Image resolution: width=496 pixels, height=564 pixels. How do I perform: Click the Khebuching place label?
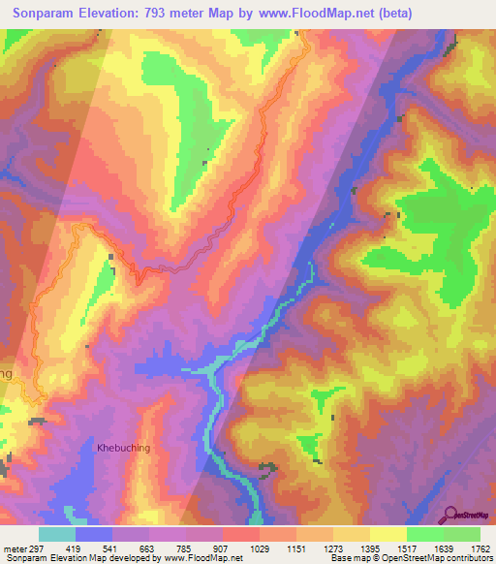click(123, 448)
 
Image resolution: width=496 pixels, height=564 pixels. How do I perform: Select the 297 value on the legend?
click(38, 548)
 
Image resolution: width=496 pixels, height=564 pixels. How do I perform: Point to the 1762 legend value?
click(481, 548)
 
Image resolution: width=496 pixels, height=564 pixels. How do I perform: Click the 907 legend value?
click(223, 548)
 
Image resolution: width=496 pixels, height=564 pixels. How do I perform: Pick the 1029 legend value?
click(260, 548)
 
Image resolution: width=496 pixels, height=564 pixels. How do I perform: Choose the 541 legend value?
click(112, 548)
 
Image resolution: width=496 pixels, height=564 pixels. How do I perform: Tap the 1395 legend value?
click(370, 548)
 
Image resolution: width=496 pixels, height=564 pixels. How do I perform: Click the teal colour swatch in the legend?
click(57, 534)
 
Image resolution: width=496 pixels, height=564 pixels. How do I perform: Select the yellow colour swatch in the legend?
click(388, 534)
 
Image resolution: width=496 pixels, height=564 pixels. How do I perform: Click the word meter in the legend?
click(14, 548)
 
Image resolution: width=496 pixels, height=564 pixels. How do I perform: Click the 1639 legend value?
click(444, 548)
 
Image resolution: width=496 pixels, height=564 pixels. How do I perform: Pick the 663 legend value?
click(149, 548)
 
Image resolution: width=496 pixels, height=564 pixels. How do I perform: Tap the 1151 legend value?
click(296, 548)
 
